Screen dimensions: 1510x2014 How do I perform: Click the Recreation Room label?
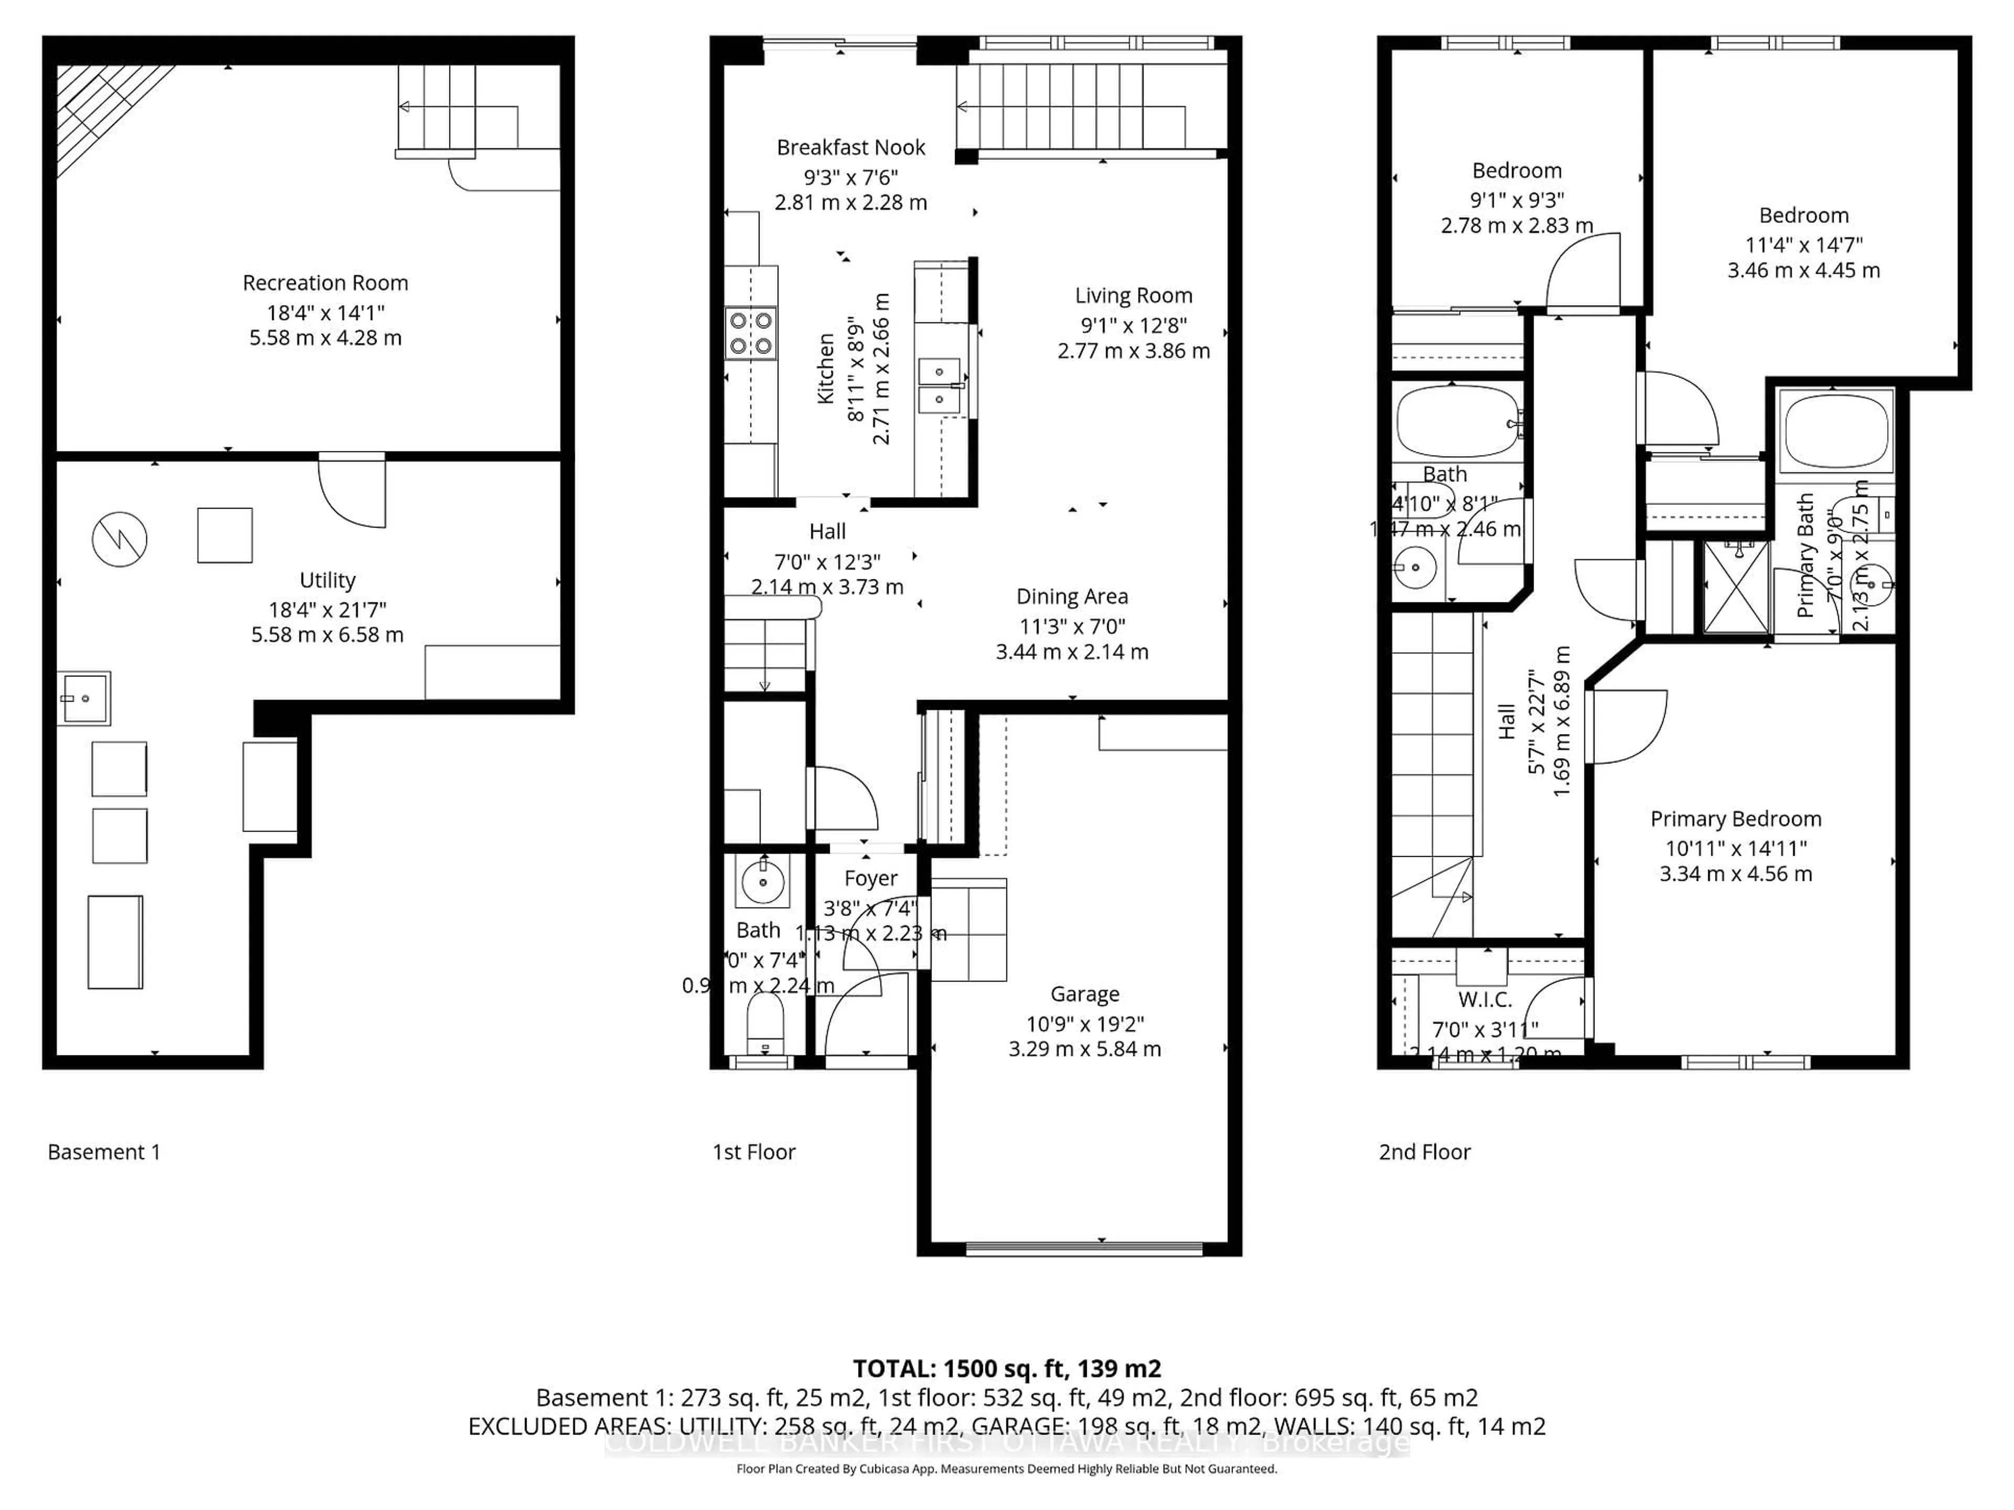click(x=325, y=283)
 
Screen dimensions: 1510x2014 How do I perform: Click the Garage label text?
click(x=1085, y=994)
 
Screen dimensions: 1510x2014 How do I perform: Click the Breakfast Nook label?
click(x=850, y=147)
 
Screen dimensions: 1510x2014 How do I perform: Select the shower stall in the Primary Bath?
click(x=1737, y=587)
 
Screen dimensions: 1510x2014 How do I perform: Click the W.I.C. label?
click(x=1485, y=999)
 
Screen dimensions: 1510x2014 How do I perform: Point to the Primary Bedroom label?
click(x=1736, y=818)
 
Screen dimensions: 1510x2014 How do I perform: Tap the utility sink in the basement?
click(x=84, y=698)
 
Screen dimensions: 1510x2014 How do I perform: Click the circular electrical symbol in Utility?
click(x=119, y=539)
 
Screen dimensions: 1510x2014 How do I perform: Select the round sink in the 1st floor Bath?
click(x=762, y=880)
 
